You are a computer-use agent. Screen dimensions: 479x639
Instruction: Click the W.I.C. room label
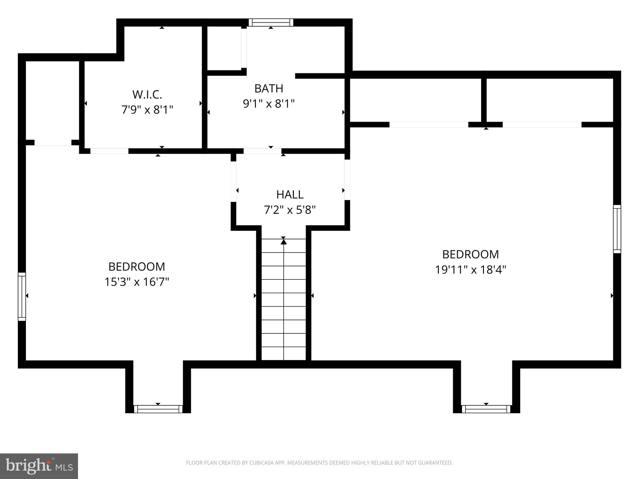point(147,94)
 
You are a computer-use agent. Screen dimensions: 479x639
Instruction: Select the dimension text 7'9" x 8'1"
point(147,110)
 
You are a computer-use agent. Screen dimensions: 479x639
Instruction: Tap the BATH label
point(269,89)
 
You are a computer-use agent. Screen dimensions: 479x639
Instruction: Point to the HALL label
point(290,195)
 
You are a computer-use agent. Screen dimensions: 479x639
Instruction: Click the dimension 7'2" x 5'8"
point(290,210)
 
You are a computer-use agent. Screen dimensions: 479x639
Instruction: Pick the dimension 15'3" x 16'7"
point(137,282)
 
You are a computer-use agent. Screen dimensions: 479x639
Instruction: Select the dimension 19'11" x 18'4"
point(471,269)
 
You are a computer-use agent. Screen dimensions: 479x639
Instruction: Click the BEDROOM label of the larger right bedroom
point(471,254)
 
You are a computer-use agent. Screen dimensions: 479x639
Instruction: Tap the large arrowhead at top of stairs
point(283,241)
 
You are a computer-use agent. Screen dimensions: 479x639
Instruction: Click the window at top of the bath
point(271,22)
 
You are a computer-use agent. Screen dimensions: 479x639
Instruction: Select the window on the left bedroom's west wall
point(22,297)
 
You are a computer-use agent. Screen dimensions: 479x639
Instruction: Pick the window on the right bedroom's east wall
point(617,229)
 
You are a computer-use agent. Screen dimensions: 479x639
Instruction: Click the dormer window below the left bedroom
point(158,409)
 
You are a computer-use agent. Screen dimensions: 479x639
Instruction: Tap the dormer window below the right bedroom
point(486,409)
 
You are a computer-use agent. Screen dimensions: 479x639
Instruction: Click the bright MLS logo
point(39,466)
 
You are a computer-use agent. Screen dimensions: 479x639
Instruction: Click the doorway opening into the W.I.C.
point(109,151)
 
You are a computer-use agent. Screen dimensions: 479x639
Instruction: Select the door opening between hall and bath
point(262,151)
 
